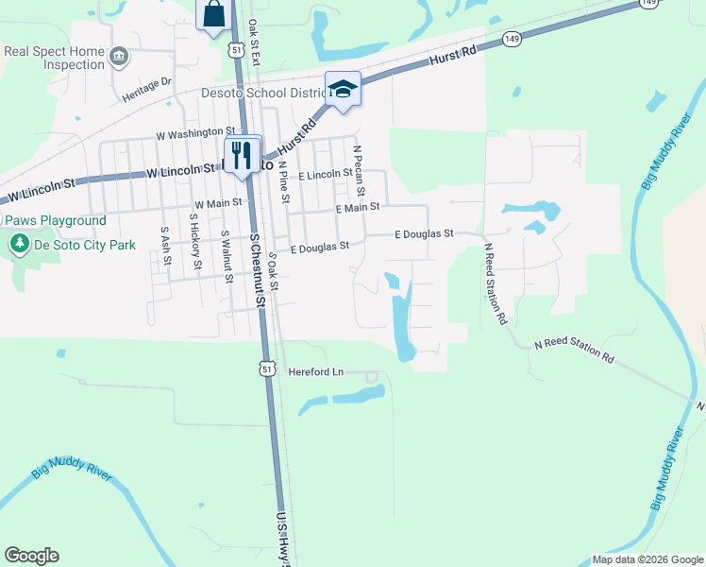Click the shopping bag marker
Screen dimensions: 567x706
[214, 14]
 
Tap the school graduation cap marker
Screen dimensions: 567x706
[343, 89]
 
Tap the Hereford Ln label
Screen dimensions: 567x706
[316, 372]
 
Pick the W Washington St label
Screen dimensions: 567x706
[195, 131]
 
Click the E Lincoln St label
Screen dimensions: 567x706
[326, 175]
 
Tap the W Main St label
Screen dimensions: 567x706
[218, 203]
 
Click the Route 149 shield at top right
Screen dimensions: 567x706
[647, 4]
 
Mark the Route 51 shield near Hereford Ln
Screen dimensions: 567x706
[268, 368]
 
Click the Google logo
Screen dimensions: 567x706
[31, 556]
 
